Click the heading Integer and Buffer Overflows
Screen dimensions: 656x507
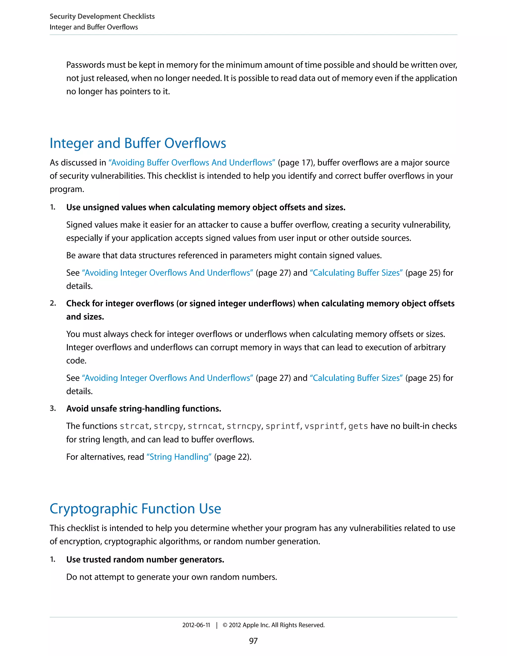(x=138, y=143)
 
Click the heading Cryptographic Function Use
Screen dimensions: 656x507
(x=135, y=508)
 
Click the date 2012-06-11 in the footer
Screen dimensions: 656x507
(x=196, y=625)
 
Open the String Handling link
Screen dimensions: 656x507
(x=179, y=457)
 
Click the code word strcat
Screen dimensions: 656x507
(x=134, y=426)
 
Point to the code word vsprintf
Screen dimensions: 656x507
(x=324, y=426)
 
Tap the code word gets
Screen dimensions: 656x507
(x=358, y=426)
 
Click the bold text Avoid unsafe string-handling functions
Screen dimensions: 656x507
(x=144, y=408)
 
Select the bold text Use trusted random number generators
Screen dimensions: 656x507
(x=145, y=560)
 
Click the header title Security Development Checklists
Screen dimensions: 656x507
(x=102, y=17)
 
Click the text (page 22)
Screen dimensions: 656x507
(x=232, y=457)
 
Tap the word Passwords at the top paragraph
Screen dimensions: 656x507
(x=85, y=65)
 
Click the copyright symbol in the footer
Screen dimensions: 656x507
(x=225, y=625)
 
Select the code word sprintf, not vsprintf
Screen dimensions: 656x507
(x=283, y=426)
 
